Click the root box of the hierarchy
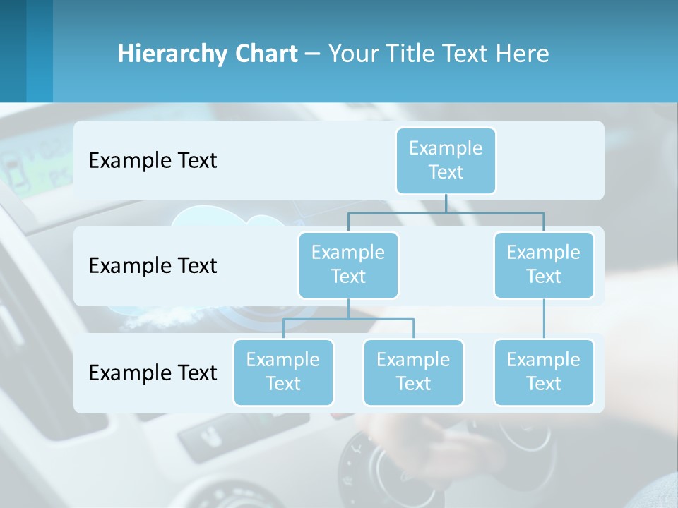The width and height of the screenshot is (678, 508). pyautogui.click(x=446, y=160)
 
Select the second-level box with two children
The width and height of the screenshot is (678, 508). pyautogui.click(x=348, y=265)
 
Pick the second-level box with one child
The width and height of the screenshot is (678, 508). pyautogui.click(x=544, y=265)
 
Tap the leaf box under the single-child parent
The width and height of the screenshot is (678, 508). pyautogui.click(x=544, y=372)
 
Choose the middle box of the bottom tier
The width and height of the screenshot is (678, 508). pyautogui.click(x=413, y=372)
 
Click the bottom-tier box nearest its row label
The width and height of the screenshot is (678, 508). pyautogui.click(x=283, y=372)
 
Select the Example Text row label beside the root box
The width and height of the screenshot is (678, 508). pyautogui.click(x=153, y=160)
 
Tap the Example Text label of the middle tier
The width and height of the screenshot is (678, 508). pyautogui.click(x=153, y=265)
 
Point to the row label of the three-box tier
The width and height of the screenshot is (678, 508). pyautogui.click(x=153, y=373)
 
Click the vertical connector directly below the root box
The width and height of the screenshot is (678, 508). pyautogui.click(x=446, y=203)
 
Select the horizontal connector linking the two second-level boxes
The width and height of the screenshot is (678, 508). pyautogui.click(x=446, y=212)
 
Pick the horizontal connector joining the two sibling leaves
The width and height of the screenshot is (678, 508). pyautogui.click(x=348, y=319)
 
